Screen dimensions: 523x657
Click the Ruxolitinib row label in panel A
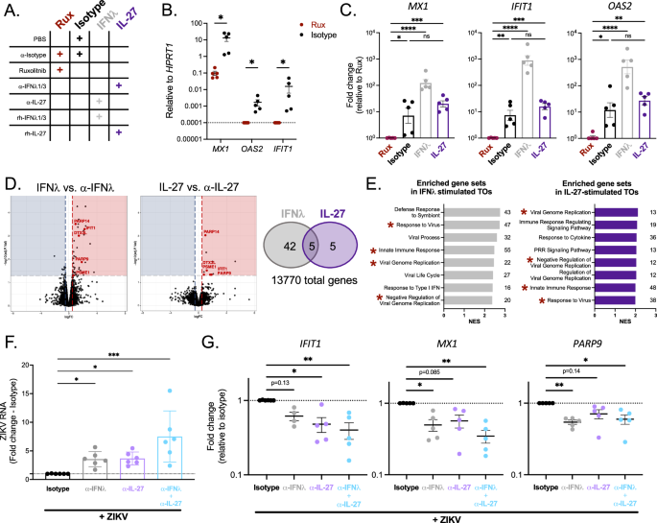coord(33,70)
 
